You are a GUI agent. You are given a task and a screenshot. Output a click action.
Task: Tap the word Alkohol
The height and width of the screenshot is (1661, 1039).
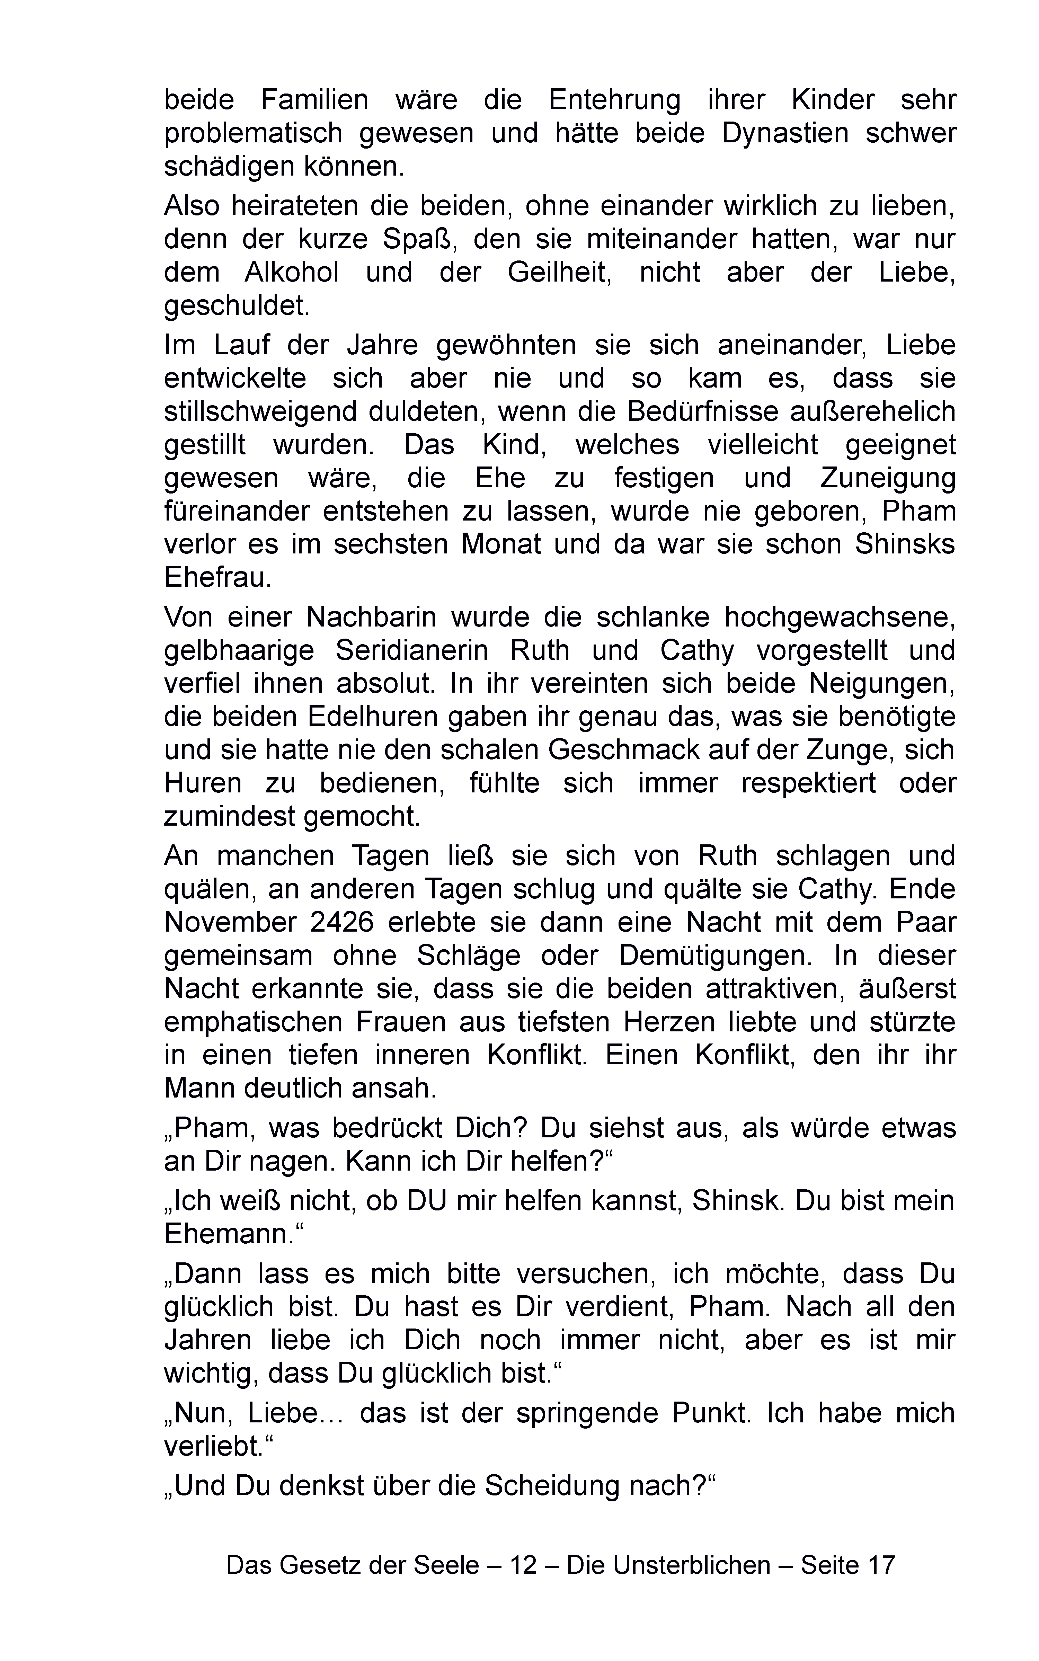point(291,273)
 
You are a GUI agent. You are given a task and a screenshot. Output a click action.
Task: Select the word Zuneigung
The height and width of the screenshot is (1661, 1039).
point(888,478)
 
